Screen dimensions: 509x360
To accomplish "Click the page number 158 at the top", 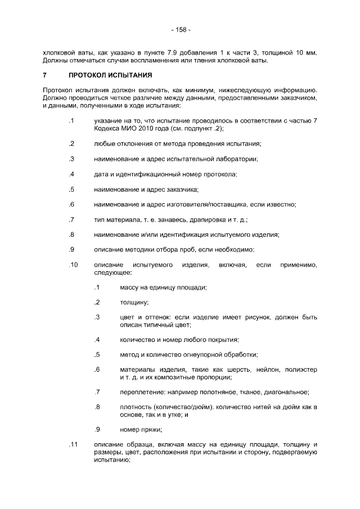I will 180,29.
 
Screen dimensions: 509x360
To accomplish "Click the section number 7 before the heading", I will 44,75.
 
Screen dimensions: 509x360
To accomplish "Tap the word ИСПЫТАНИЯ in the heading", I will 132,75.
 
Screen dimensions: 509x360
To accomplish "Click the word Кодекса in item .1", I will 106,129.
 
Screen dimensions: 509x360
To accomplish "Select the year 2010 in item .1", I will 143,129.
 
